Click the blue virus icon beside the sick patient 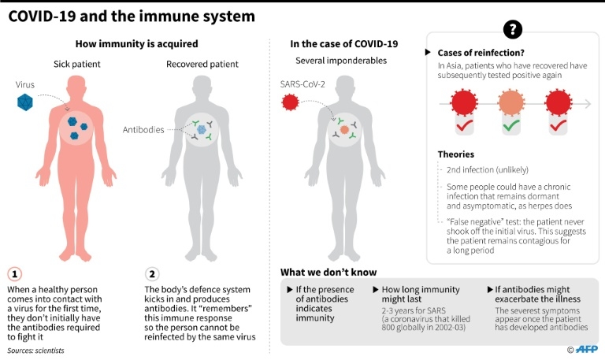(x=25, y=102)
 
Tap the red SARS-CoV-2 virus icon (x=290, y=102)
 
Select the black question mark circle (x=513, y=29)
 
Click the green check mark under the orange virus (x=511, y=125)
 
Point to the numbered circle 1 (x=15, y=274)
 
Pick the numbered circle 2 (x=152, y=274)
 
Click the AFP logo (x=586, y=349)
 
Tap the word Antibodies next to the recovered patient (x=143, y=130)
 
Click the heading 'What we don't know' (x=328, y=272)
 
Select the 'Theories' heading (x=455, y=154)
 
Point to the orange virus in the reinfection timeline (x=511, y=102)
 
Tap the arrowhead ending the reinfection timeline (x=588, y=103)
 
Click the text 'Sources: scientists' (x=35, y=351)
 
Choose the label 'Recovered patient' (x=202, y=64)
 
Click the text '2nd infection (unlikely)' (x=488, y=170)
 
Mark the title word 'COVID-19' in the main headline (x=42, y=17)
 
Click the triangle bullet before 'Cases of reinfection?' (x=428, y=52)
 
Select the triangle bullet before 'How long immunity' (x=376, y=289)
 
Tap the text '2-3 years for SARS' (x=414, y=310)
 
